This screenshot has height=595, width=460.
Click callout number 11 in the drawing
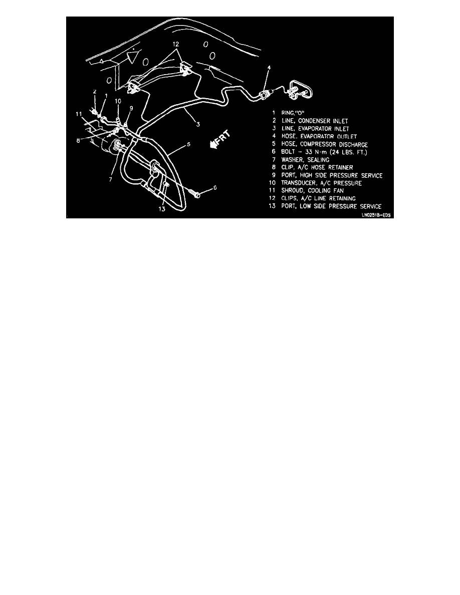tap(79, 114)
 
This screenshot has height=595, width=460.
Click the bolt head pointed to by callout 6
tap(197, 194)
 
